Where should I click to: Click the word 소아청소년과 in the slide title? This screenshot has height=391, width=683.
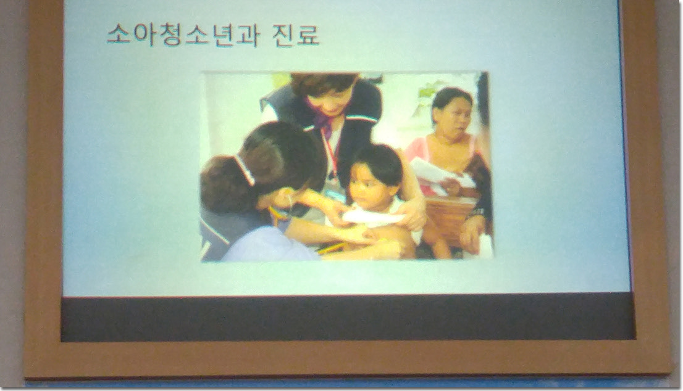(x=183, y=35)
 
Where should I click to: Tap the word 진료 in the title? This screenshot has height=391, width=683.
(x=296, y=35)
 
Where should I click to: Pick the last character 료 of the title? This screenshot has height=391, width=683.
(x=309, y=35)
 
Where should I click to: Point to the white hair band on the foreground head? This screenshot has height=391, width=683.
(x=245, y=170)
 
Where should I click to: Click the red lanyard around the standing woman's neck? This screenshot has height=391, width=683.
(x=332, y=152)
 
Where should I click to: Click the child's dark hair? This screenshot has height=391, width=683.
(x=375, y=163)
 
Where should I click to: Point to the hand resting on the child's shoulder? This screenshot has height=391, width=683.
(x=411, y=213)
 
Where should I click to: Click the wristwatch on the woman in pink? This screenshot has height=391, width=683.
(x=478, y=212)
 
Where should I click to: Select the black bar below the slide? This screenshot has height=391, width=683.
(x=347, y=318)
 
